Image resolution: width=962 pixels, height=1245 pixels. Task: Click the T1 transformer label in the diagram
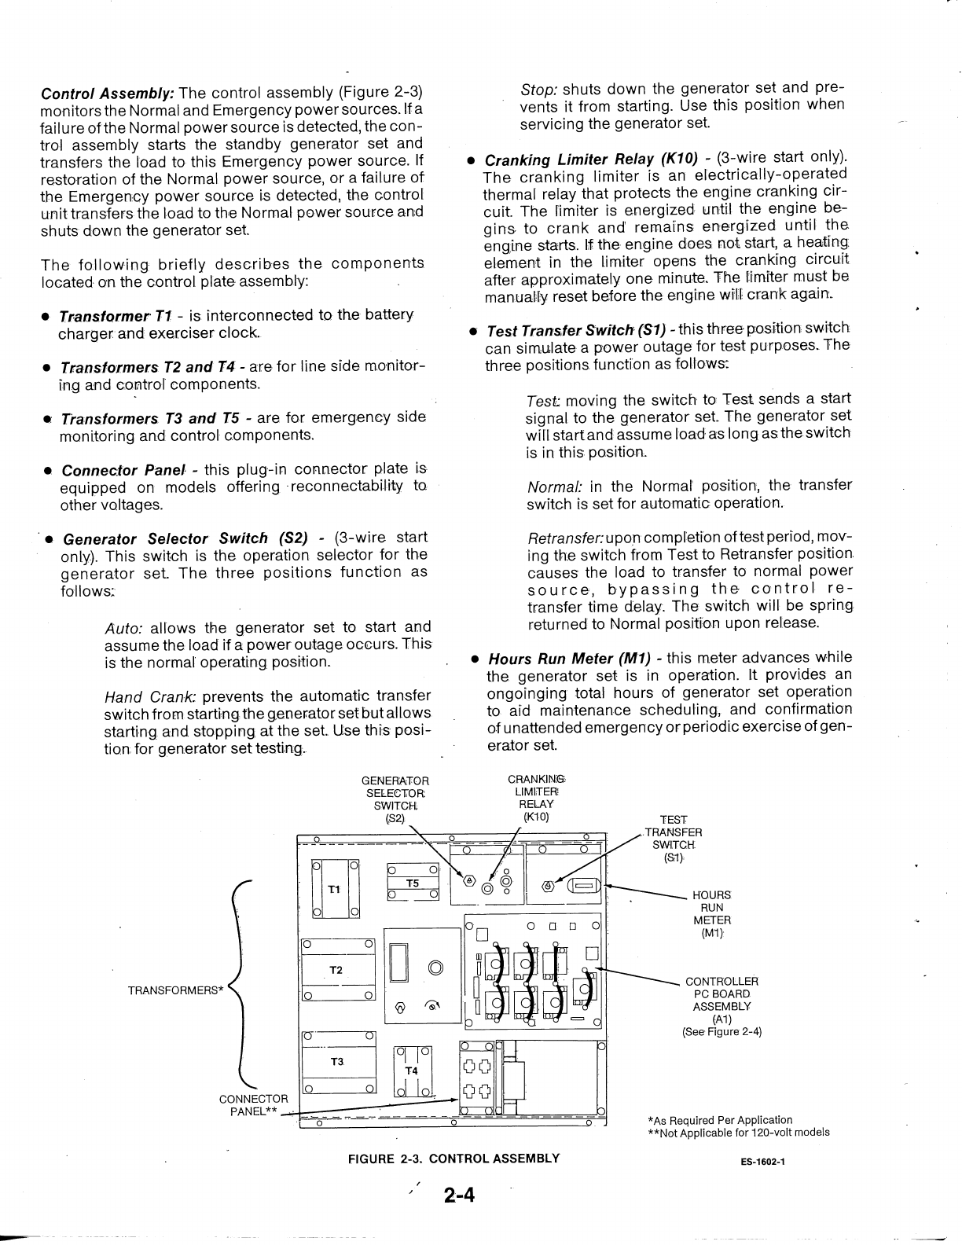tap(334, 890)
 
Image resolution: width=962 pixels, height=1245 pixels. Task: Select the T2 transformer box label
tap(336, 970)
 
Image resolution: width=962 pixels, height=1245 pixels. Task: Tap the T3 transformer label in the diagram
tap(336, 1061)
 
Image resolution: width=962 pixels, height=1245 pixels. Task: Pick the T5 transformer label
tap(413, 883)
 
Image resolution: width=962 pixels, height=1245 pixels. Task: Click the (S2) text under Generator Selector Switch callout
tap(395, 817)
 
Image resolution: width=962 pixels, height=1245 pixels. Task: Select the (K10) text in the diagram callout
tap(536, 817)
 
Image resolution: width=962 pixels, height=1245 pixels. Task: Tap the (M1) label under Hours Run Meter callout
tap(712, 933)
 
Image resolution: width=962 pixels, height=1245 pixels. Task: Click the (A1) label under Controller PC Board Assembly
tap(722, 1019)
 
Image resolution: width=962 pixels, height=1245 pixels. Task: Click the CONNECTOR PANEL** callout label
tap(253, 1105)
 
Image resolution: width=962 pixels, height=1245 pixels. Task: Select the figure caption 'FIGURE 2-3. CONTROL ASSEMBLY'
tap(454, 1158)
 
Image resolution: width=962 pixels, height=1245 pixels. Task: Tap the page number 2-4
tap(459, 1196)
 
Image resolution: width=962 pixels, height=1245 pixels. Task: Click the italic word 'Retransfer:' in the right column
tap(565, 538)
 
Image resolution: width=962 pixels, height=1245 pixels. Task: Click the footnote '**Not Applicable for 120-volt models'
tap(738, 1133)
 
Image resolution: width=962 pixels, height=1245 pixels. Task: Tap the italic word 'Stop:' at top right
tap(539, 88)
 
